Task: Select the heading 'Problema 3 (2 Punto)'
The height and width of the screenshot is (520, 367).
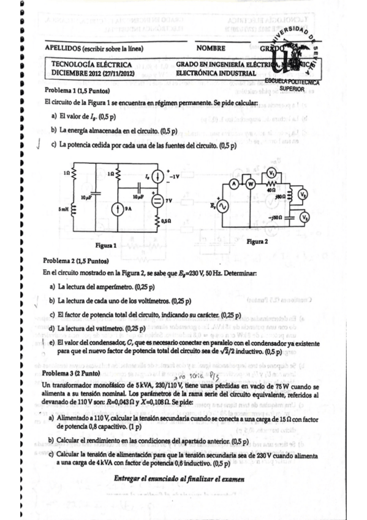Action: pos(71,372)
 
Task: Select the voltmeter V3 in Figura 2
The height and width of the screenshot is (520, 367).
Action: pos(301,217)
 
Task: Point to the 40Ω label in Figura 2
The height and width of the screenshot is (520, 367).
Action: pos(270,190)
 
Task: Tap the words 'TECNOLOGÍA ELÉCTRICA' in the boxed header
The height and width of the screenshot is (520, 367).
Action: pos(83,64)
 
